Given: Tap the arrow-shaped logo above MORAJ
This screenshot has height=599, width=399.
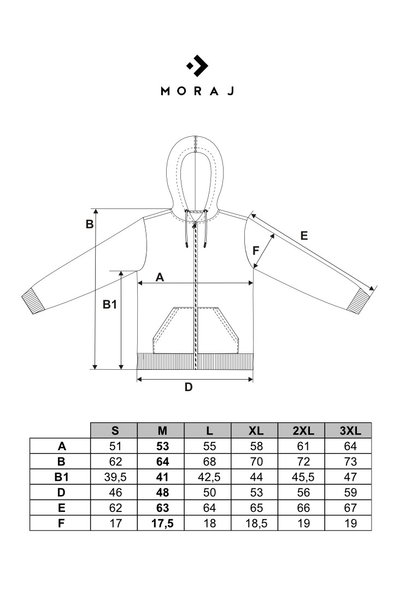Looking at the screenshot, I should pyautogui.click(x=197, y=66).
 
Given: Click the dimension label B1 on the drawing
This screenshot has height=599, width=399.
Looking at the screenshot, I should pyautogui.click(x=110, y=305).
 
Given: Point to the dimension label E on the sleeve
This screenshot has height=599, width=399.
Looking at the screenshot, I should pyautogui.click(x=304, y=236).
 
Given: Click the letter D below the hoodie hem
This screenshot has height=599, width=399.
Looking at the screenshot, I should pyautogui.click(x=188, y=387).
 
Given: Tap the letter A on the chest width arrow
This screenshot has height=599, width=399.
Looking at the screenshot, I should pyautogui.click(x=160, y=277).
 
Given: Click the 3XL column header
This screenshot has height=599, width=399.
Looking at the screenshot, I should pyautogui.click(x=348, y=430).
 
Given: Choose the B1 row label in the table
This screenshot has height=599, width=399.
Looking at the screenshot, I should pyautogui.click(x=61, y=476).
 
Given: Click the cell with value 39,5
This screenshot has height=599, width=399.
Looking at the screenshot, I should pyautogui.click(x=115, y=476).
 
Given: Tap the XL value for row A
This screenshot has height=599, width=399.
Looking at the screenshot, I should pyautogui.click(x=255, y=446).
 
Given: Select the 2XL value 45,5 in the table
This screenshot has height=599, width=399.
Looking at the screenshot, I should pyautogui.click(x=302, y=476).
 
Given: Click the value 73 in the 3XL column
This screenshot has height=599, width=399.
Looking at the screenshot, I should pyautogui.click(x=348, y=461).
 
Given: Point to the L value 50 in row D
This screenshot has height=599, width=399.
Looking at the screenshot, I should pyautogui.click(x=208, y=492).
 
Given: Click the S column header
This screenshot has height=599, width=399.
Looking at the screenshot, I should pyautogui.click(x=115, y=430).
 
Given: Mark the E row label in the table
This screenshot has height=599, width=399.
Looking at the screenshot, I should pyautogui.click(x=61, y=508).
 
